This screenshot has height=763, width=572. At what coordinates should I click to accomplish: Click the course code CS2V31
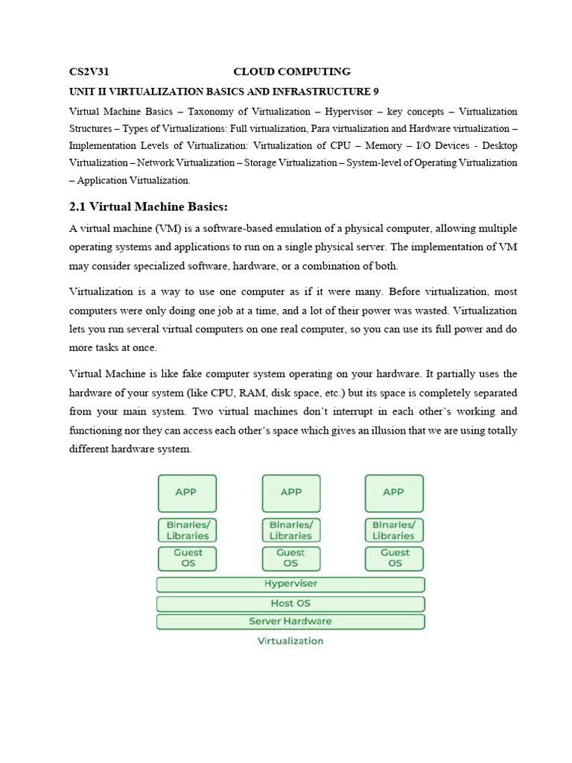pos(89,72)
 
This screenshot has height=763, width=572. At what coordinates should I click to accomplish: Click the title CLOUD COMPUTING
pos(292,72)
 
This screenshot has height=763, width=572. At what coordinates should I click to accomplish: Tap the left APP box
pos(188,493)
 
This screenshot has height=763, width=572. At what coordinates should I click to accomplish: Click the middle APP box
pos(291,493)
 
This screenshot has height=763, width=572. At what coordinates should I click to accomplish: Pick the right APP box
pos(394,493)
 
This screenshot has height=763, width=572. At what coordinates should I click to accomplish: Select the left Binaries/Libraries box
pos(188,531)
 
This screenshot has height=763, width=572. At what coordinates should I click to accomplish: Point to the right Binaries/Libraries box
pos(394,531)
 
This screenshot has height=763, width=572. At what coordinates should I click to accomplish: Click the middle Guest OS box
pos(291,558)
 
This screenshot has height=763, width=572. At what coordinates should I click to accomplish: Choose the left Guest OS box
pos(188,558)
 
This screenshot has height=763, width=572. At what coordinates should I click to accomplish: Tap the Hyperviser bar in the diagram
pos(290,584)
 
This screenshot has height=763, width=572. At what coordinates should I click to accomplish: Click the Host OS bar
pos(290,603)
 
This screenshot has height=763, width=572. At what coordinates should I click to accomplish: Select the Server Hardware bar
pos(290,621)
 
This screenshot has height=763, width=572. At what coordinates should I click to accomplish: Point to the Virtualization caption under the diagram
pos(290,641)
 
